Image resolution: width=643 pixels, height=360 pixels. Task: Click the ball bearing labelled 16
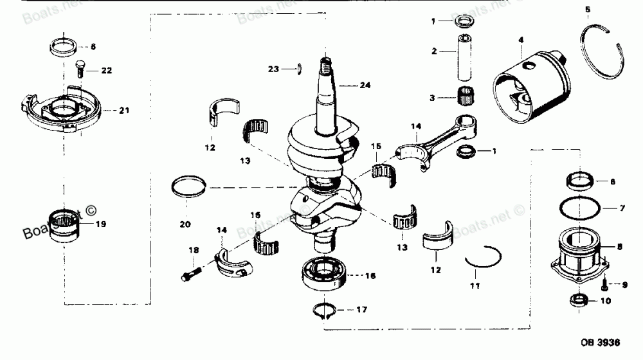325,274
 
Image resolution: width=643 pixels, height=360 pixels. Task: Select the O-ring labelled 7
582,208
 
